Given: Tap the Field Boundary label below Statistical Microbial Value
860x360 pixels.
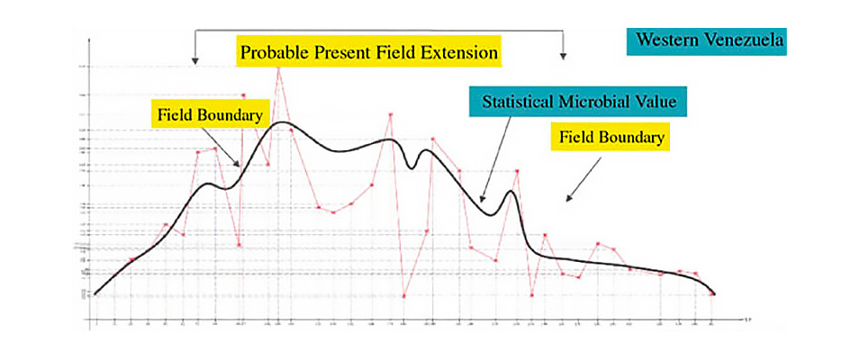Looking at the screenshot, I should (x=611, y=138).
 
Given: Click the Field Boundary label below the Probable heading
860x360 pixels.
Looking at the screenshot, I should (x=210, y=115).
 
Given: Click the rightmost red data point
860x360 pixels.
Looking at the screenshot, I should (x=712, y=294).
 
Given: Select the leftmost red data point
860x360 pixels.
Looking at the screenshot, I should (x=95, y=293).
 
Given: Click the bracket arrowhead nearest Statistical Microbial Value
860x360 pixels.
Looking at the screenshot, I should (x=564, y=56).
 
